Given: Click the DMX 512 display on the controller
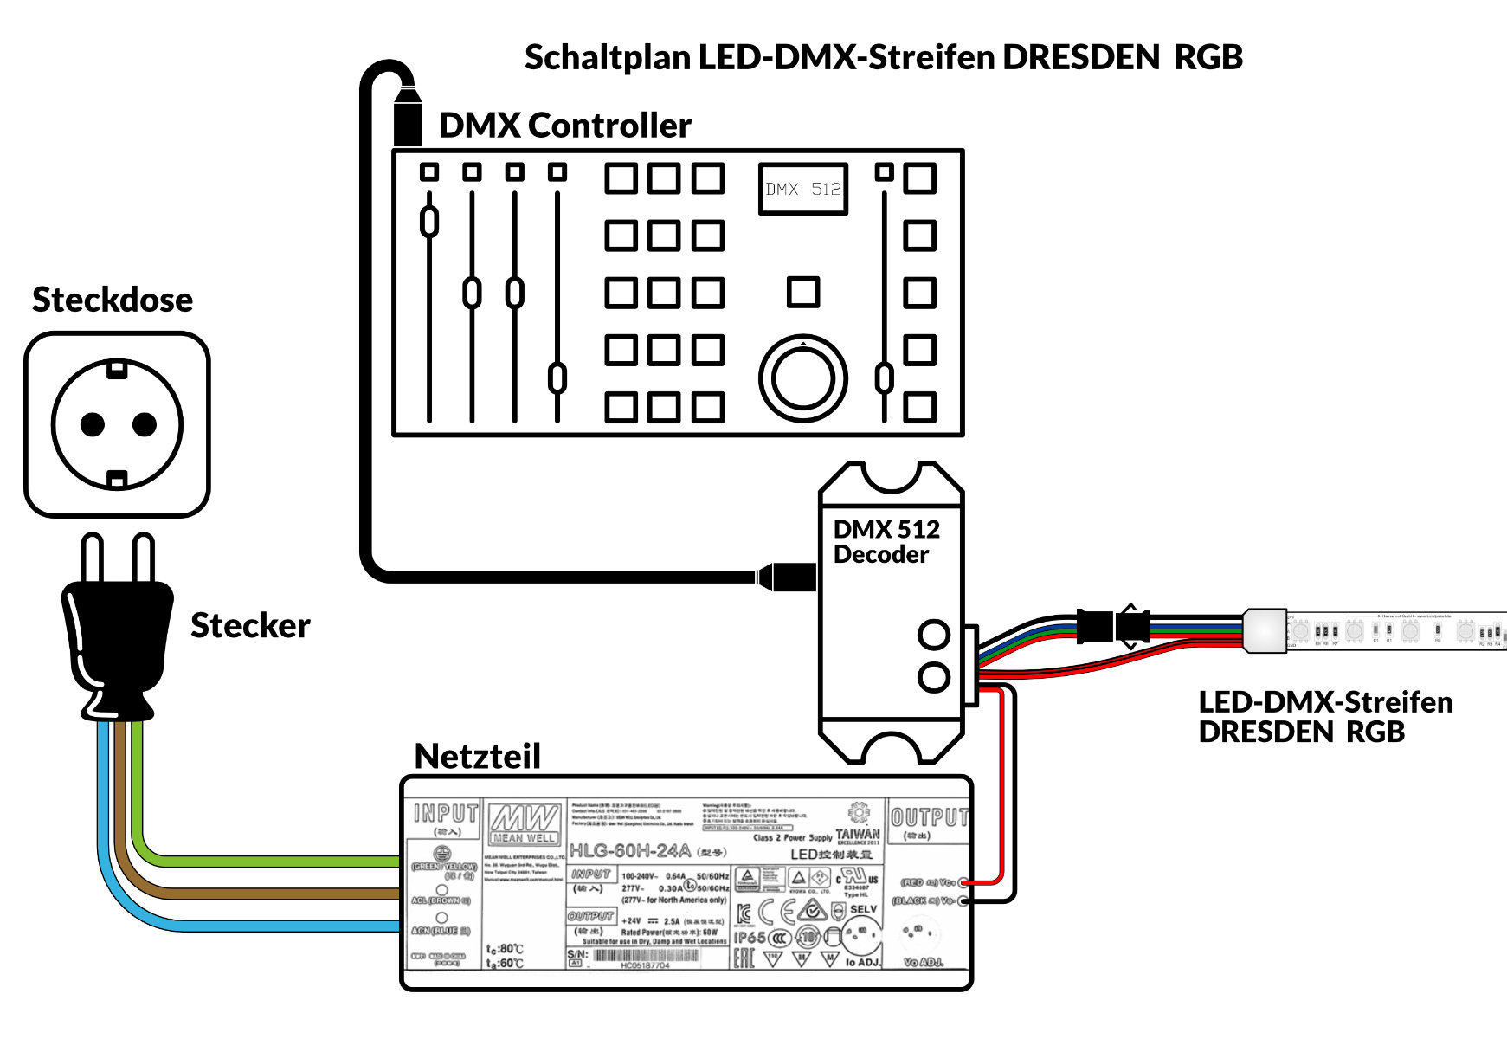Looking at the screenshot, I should pyautogui.click(x=802, y=189).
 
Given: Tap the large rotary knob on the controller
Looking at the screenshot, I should pyautogui.click(x=802, y=378).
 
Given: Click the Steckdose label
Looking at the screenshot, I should pyautogui.click(x=113, y=300).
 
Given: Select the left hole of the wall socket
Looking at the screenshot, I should pyautogui.click(x=93, y=424).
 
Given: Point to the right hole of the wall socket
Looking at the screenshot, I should pyautogui.click(x=144, y=424).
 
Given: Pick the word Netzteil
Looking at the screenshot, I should pyautogui.click(x=477, y=756).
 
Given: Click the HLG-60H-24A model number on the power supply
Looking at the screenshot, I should pyautogui.click(x=629, y=850).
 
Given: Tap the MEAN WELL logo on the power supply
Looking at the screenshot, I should pyautogui.click(x=525, y=823).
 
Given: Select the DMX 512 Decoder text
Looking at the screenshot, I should pyautogui.click(x=886, y=542).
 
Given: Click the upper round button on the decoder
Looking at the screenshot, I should pyautogui.click(x=934, y=635).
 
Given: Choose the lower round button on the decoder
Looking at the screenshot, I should pyautogui.click(x=934, y=677).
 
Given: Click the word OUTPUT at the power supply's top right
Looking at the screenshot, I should pyautogui.click(x=929, y=817).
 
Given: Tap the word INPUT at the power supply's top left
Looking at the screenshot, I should pyautogui.click(x=446, y=814).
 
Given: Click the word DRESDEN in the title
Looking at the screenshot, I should pyautogui.click(x=1080, y=57).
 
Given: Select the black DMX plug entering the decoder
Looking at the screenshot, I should pyautogui.click(x=788, y=577).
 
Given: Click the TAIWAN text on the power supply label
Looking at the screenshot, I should pyautogui.click(x=857, y=834).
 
